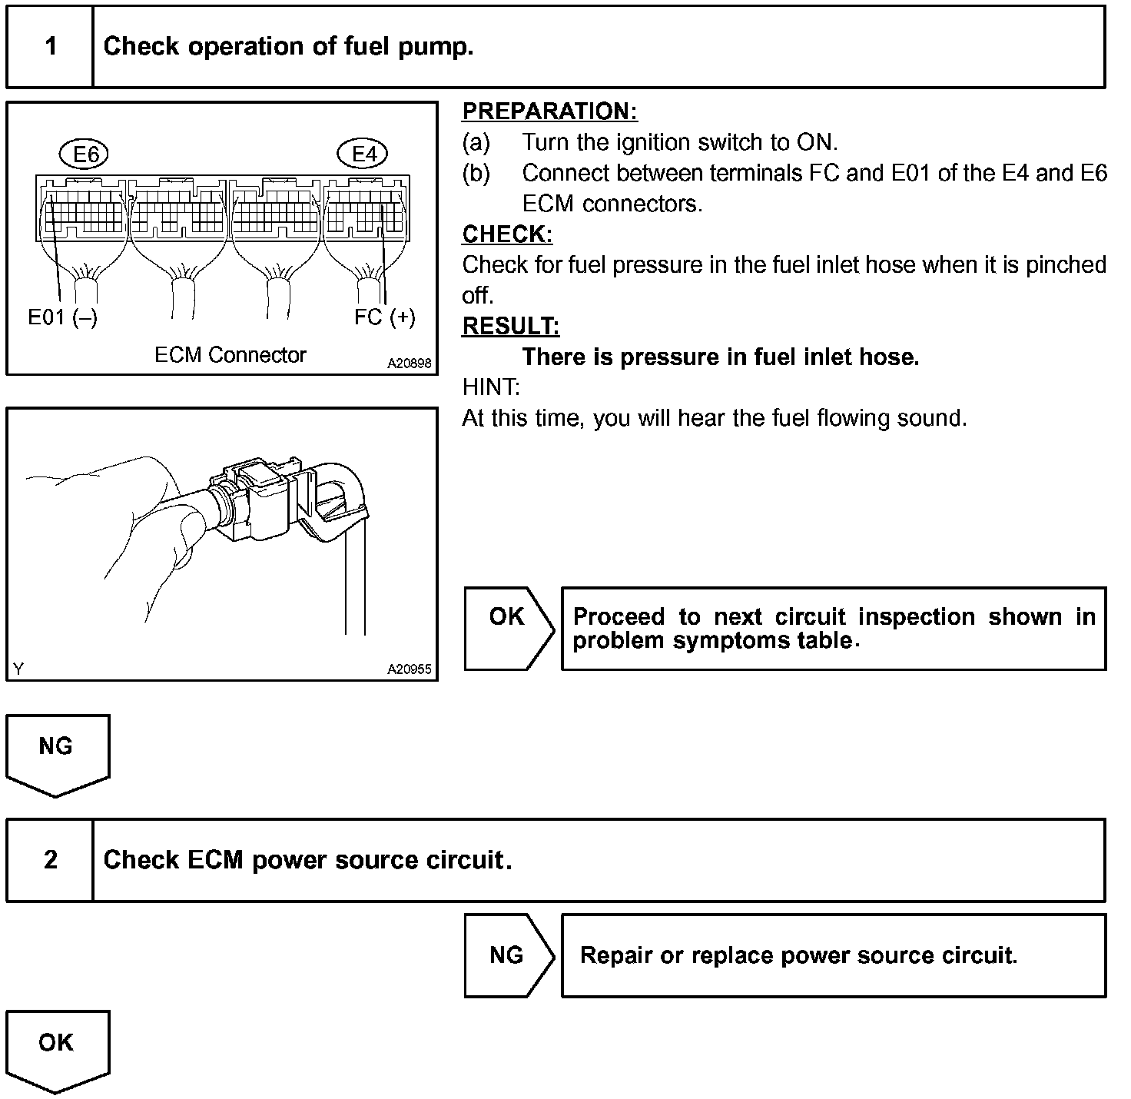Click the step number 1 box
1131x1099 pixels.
[x=51, y=47]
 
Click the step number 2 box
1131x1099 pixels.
[x=51, y=859]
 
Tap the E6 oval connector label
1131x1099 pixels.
[x=85, y=155]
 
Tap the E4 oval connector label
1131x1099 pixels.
[x=363, y=155]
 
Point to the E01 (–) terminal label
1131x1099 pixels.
[x=62, y=317]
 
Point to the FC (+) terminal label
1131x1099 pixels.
[x=384, y=317]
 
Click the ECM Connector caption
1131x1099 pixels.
[x=230, y=355]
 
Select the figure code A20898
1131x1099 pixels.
[x=409, y=364]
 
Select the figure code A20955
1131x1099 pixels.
[x=409, y=669]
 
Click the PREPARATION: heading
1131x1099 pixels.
[x=549, y=112]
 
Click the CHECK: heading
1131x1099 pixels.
[x=507, y=234]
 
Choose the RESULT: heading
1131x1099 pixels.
[x=510, y=327]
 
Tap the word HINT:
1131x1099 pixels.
[x=491, y=387]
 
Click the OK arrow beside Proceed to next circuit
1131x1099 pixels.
[x=509, y=629]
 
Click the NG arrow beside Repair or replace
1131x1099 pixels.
[x=509, y=955]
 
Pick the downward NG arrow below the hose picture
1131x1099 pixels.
[x=58, y=753]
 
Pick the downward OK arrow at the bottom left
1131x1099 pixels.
[x=58, y=1050]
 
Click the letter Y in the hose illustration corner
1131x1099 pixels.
[x=18, y=669]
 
